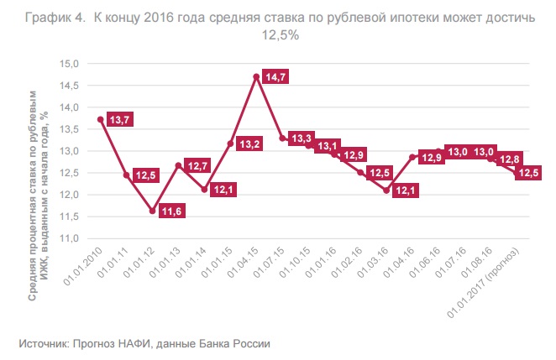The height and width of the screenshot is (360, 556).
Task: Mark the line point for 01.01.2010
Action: [101, 119]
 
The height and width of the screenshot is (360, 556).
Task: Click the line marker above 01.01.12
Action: [152, 211]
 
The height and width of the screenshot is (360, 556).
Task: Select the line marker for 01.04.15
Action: [255, 76]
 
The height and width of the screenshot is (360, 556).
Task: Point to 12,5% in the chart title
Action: [284, 36]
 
